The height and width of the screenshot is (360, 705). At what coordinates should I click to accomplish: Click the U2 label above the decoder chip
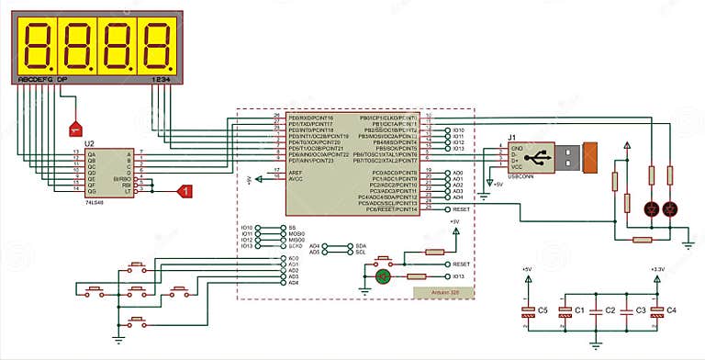click(89, 144)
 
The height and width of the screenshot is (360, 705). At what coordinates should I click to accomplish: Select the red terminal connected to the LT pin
click(184, 191)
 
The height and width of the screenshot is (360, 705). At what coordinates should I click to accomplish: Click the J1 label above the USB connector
click(511, 139)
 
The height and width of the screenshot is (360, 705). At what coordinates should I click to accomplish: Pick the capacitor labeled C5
click(528, 310)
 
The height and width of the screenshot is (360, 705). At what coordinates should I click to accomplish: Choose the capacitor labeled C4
click(656, 310)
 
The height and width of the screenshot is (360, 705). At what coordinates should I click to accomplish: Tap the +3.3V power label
click(656, 269)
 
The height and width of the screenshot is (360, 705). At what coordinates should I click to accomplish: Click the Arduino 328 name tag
click(442, 291)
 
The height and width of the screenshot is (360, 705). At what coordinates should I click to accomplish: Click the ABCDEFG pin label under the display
click(36, 80)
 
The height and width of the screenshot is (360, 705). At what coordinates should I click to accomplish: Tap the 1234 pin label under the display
click(161, 80)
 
